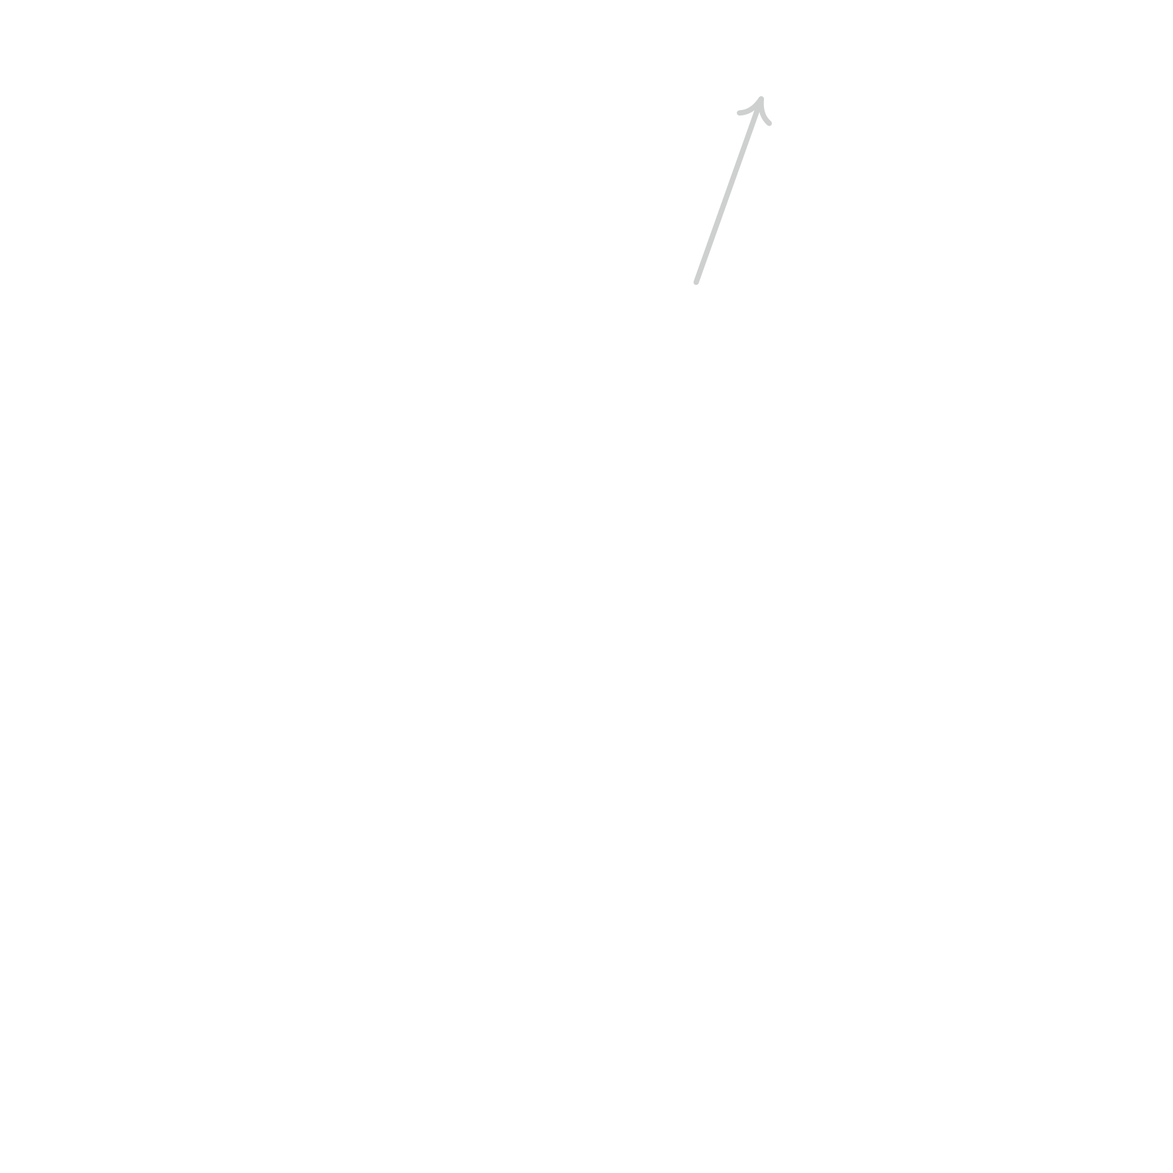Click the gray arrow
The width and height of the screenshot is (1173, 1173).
coord(729,190)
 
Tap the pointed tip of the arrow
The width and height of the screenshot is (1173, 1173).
coord(761,98)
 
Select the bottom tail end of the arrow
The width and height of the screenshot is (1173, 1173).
coord(696,283)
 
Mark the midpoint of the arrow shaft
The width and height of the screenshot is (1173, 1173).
coord(729,190)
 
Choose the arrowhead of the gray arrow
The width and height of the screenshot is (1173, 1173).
coord(759,107)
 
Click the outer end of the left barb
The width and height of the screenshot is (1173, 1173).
coord(739,113)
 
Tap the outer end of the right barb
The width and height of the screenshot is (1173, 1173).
coord(771,123)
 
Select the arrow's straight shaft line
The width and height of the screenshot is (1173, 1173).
coord(729,190)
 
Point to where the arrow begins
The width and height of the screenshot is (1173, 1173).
coord(696,283)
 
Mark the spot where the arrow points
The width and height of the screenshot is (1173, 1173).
coord(761,98)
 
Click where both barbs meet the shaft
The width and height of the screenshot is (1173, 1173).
coord(761,99)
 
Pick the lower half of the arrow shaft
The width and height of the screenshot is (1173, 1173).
coord(712,237)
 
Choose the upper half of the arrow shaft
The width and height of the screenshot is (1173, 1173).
coord(745,144)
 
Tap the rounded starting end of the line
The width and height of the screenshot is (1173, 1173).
coord(696,283)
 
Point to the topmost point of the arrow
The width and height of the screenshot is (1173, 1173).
coord(761,97)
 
